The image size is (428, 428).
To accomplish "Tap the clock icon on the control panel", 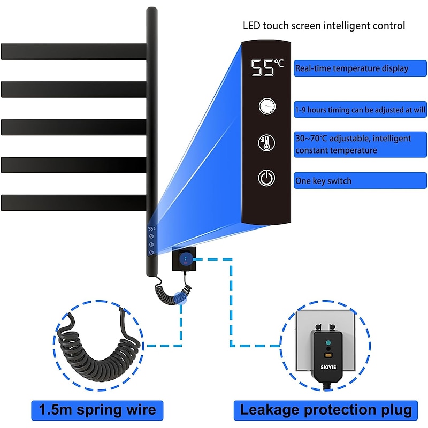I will point(266,106).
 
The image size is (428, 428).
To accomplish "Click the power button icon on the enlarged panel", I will point(266,178).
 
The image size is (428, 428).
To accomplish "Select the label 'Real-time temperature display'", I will point(352,68).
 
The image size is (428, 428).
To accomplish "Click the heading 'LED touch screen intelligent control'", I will point(324,25).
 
